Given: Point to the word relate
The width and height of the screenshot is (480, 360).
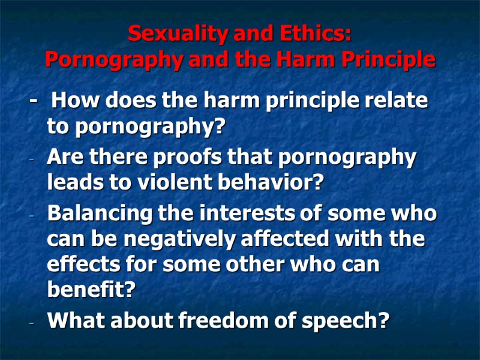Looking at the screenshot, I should coord(400,101).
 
